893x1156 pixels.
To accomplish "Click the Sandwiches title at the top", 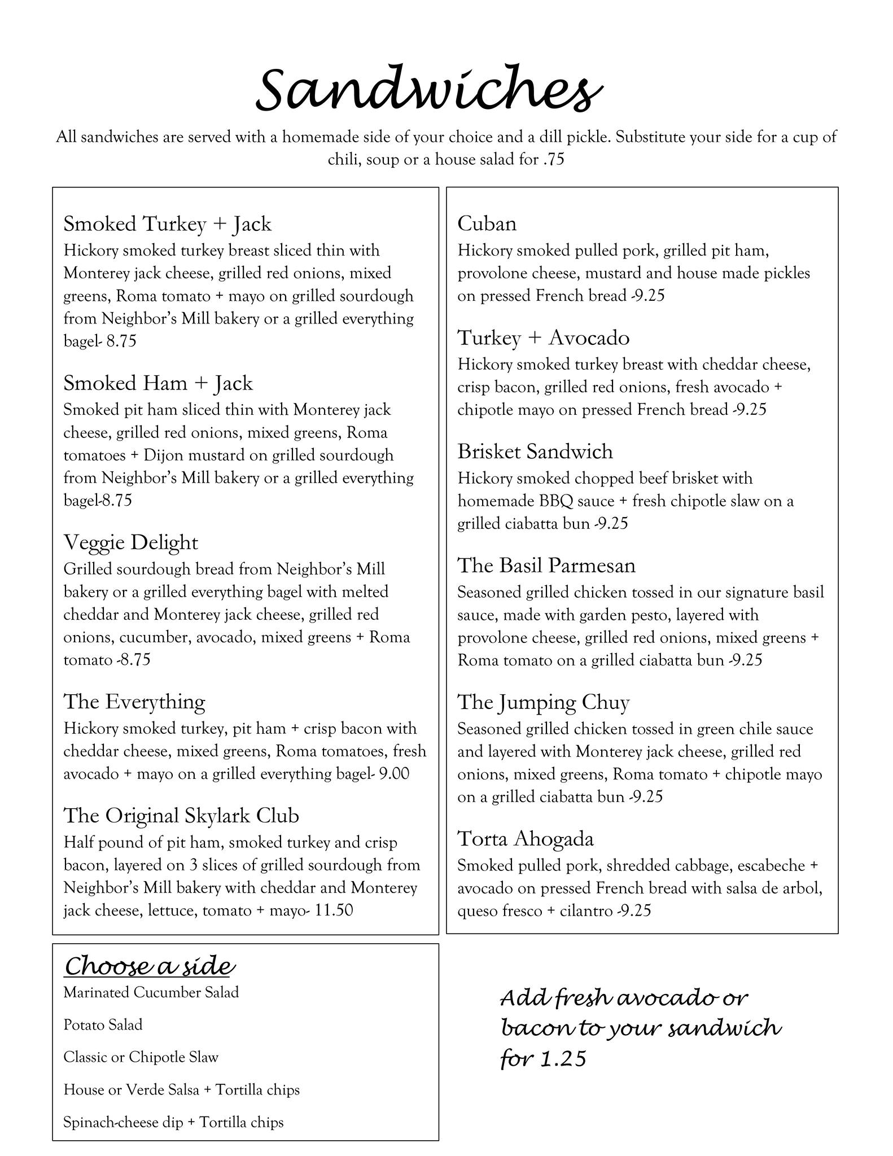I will (x=429, y=90).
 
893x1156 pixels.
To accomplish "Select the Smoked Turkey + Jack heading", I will (x=167, y=224).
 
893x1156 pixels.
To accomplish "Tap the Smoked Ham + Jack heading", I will (x=157, y=383).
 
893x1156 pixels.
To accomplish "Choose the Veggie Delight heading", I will (x=130, y=542).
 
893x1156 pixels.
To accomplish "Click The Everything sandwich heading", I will (x=134, y=702).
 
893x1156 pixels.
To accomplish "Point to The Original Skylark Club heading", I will (x=181, y=816).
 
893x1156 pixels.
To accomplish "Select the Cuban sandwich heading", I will (x=487, y=224).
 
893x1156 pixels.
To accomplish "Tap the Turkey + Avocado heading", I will (x=543, y=338).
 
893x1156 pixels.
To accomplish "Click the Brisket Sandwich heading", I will (x=535, y=452).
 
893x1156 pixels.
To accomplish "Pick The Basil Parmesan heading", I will (x=546, y=566).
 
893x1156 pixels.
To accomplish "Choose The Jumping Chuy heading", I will (x=543, y=702).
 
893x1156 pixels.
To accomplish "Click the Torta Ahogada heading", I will (x=525, y=839).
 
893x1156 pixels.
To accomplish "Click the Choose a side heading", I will (x=149, y=966).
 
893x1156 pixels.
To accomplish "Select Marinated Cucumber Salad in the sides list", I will (x=151, y=992).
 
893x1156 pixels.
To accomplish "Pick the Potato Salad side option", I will (x=103, y=1025).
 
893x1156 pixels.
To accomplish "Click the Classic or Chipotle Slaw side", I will (x=141, y=1057).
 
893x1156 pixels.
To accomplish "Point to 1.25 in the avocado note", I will (x=563, y=1059).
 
